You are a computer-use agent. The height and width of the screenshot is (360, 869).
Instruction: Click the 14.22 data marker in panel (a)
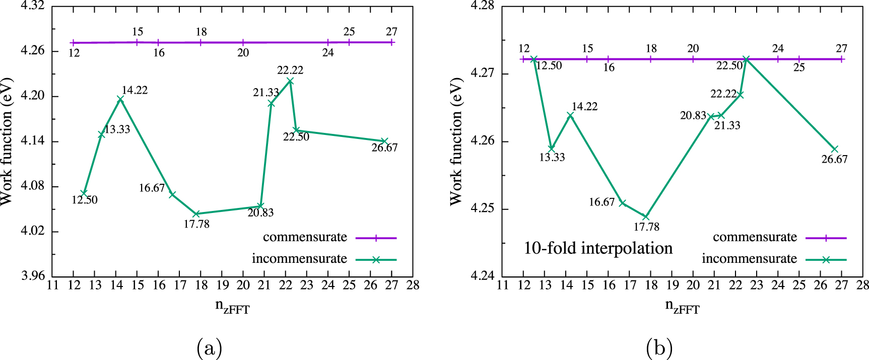tap(120, 99)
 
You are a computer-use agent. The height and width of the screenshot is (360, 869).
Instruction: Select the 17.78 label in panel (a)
tap(196, 224)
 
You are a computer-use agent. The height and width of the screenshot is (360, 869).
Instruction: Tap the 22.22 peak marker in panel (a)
tap(290, 81)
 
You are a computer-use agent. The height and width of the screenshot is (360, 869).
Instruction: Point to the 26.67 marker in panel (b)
tap(835, 149)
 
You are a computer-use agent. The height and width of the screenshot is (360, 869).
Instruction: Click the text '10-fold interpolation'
tap(598, 248)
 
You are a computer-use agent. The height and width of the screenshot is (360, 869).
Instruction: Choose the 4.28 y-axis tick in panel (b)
tap(482, 6)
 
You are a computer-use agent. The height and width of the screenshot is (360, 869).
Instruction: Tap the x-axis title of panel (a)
tap(232, 307)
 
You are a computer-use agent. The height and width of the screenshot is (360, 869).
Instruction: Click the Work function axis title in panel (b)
tap(456, 141)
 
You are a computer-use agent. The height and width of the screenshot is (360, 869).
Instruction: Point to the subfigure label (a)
tap(209, 348)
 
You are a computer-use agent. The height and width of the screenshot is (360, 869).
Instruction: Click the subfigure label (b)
tap(659, 348)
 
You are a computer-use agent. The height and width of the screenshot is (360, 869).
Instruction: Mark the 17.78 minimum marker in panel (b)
tap(646, 217)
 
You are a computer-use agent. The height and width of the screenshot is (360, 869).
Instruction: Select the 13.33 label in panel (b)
tap(552, 158)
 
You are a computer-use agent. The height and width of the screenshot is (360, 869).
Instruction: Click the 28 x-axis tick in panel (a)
tap(413, 285)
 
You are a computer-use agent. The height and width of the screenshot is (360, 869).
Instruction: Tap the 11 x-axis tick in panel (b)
tap(502, 285)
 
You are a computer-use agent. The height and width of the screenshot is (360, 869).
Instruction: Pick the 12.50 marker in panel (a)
tap(84, 193)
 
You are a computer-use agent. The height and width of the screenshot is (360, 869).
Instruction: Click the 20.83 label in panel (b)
tap(693, 116)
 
